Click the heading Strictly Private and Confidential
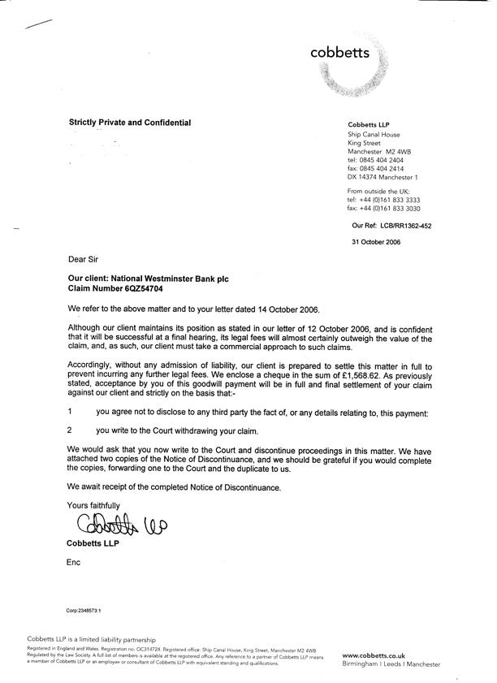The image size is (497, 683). pyautogui.click(x=130, y=123)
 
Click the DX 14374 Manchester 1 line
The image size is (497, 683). pyautogui.click(x=382, y=177)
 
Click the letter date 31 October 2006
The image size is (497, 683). pyautogui.click(x=377, y=243)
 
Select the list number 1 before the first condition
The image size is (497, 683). pyautogui.click(x=71, y=413)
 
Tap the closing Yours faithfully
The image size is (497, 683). pyautogui.click(x=92, y=505)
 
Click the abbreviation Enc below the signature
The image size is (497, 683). pyautogui.click(x=73, y=562)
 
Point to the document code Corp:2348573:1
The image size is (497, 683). pyautogui.click(x=84, y=608)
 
